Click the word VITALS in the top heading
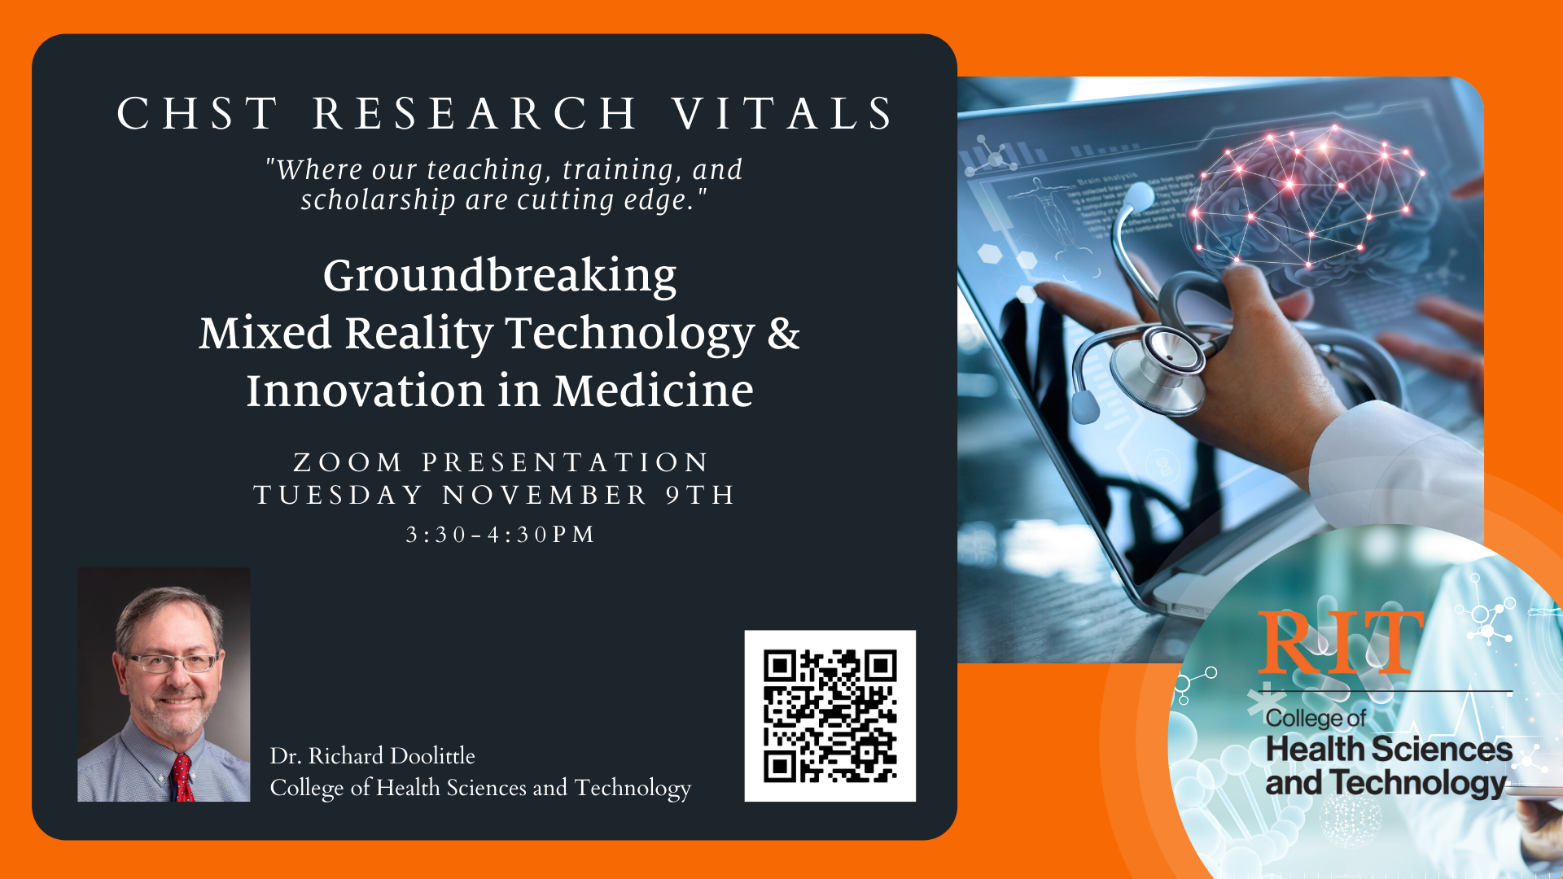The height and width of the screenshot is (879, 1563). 783,113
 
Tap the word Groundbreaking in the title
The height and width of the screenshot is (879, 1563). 500,277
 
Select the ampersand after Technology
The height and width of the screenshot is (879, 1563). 784,333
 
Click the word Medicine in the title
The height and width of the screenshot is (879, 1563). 654,391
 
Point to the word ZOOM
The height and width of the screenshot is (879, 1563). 348,462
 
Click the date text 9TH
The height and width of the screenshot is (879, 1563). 701,495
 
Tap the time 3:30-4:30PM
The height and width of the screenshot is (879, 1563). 501,535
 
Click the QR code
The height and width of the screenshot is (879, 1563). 830,715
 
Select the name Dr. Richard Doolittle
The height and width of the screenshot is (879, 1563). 372,755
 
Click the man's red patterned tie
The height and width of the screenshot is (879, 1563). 182,778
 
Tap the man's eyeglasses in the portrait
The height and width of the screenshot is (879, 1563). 170,663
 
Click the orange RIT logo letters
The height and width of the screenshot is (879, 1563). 1340,643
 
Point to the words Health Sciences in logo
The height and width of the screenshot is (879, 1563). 1389,749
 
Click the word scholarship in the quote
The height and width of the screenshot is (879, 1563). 378,200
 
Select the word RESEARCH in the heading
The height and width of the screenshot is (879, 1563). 475,113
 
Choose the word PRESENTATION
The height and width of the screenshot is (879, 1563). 566,462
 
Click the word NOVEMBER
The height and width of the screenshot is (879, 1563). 545,495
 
